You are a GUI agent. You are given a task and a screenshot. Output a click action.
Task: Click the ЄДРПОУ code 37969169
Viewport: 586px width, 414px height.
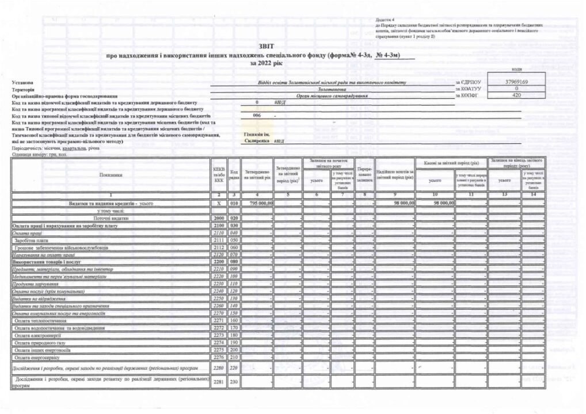pos(516,82)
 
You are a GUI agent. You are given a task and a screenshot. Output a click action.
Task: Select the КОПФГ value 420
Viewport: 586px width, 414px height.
pos(516,95)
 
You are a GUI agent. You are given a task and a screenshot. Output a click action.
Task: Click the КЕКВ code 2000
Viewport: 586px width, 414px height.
pos(219,219)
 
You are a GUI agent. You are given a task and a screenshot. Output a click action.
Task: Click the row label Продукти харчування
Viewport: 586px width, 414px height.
pos(33,283)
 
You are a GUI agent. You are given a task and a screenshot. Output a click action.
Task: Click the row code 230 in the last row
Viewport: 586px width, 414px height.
pos(234,382)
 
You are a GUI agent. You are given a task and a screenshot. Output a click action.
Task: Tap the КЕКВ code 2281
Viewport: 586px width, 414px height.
pos(219,382)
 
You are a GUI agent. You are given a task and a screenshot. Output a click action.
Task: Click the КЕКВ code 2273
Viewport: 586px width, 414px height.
pos(219,334)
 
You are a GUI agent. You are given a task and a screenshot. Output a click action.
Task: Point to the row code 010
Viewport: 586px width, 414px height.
pos(234,204)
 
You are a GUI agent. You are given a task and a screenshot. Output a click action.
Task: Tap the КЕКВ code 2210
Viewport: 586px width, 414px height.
pos(219,269)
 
